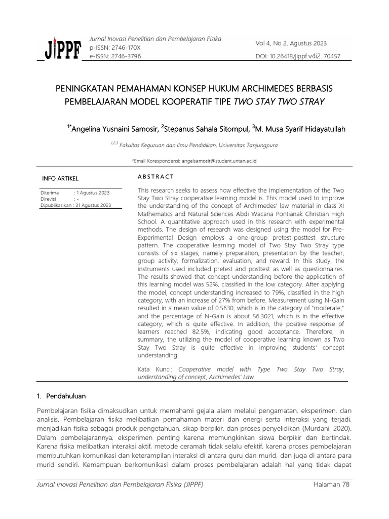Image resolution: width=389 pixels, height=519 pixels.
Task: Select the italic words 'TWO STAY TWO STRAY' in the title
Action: point(278,101)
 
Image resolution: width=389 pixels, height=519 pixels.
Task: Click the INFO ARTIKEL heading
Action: point(60,178)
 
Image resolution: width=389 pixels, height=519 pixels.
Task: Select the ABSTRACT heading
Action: point(156,176)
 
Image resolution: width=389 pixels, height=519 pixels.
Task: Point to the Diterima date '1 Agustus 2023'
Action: point(93,193)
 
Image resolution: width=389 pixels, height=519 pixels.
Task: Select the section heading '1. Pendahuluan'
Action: point(64,395)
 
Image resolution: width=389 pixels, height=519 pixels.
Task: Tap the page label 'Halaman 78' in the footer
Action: point(331,485)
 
